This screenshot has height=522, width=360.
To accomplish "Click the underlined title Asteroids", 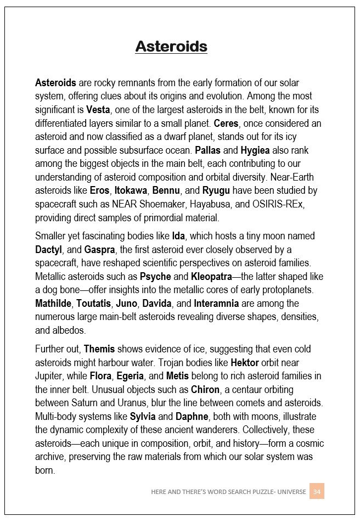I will click(171, 46).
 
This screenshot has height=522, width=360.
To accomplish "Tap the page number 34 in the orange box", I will click(317, 492).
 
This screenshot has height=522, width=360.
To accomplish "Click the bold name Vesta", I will click(98, 110).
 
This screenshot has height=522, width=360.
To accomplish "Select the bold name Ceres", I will click(226, 123).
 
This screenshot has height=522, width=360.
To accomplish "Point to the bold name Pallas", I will click(207, 150).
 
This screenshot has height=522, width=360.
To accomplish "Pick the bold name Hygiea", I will click(255, 150).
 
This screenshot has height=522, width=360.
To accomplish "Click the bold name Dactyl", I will click(48, 249).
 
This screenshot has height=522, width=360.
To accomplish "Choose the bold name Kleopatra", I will click(211, 276).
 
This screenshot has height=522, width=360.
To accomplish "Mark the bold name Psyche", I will click(155, 276).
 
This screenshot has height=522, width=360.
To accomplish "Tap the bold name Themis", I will click(99, 349).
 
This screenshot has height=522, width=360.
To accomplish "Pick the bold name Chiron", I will click(205, 390).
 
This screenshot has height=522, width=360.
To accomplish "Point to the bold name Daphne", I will click(192, 417).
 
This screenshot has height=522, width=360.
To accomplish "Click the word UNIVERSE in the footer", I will click(290, 492).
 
